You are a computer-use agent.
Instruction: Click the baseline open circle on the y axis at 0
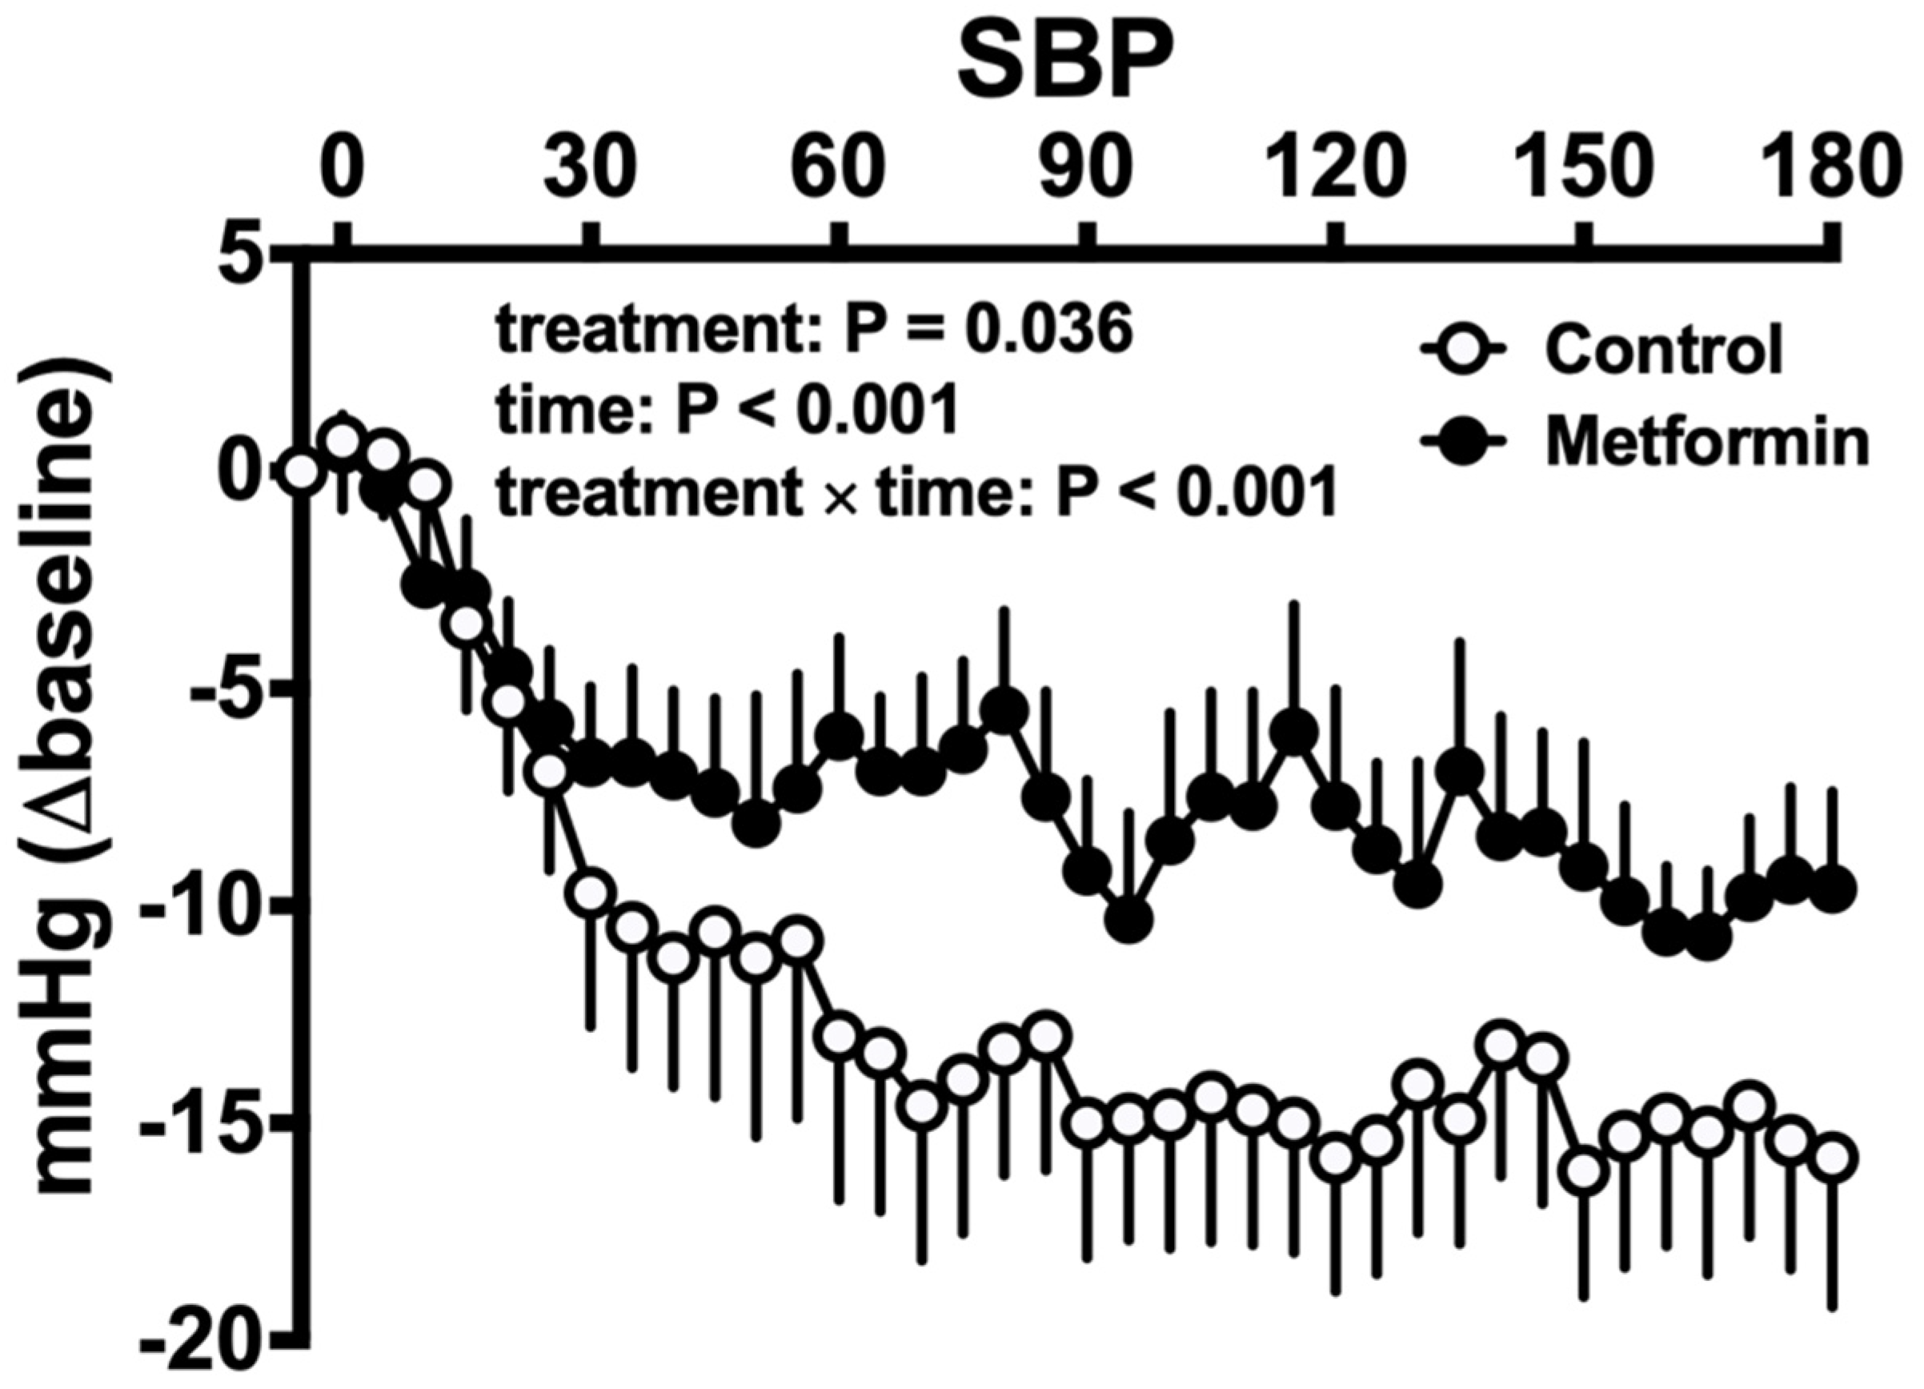[302, 472]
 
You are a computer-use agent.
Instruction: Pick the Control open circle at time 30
[591, 893]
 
